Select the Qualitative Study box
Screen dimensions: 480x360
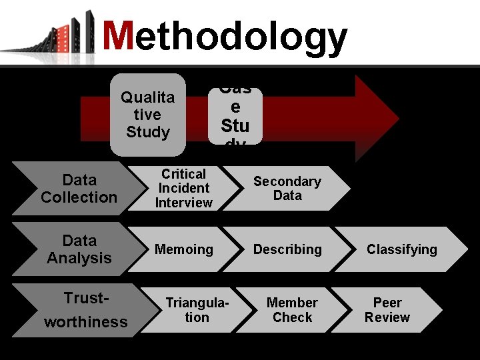click(147, 115)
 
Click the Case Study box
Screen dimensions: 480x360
click(235, 117)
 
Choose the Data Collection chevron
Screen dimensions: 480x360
click(79, 189)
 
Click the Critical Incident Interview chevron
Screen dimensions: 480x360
click(183, 189)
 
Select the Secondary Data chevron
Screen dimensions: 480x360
click(287, 189)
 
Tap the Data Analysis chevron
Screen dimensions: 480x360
click(79, 249)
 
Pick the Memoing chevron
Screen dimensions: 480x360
click(183, 249)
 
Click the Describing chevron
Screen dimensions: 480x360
click(287, 249)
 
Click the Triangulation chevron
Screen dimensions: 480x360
click(196, 310)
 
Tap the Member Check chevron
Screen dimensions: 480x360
click(292, 310)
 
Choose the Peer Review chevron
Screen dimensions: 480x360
click(387, 310)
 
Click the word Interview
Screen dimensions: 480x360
click(183, 203)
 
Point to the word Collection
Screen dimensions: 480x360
click(79, 197)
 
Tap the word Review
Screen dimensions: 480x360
click(387, 317)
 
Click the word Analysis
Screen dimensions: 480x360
click(79, 258)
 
